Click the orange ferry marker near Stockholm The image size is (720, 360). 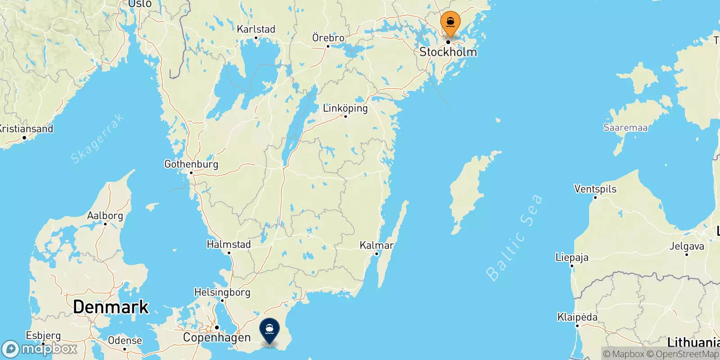point(450,22)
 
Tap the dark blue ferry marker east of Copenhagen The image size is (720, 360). point(270,330)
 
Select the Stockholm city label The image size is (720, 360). point(448,52)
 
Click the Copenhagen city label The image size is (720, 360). point(216,337)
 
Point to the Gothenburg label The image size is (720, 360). point(191,164)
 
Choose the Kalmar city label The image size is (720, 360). point(377,245)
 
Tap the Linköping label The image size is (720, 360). point(345,108)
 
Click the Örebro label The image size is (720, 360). point(328,38)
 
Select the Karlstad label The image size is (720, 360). point(256,29)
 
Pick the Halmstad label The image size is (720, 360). point(229,244)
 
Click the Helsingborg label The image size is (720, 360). point(222,292)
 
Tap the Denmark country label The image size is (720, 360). point(111,307)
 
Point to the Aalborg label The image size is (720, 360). point(105,216)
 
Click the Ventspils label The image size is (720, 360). point(595,189)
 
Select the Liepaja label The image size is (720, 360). point(572,257)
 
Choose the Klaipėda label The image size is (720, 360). point(577,317)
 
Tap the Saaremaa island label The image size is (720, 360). point(625,127)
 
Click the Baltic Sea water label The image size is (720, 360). point(514,237)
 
